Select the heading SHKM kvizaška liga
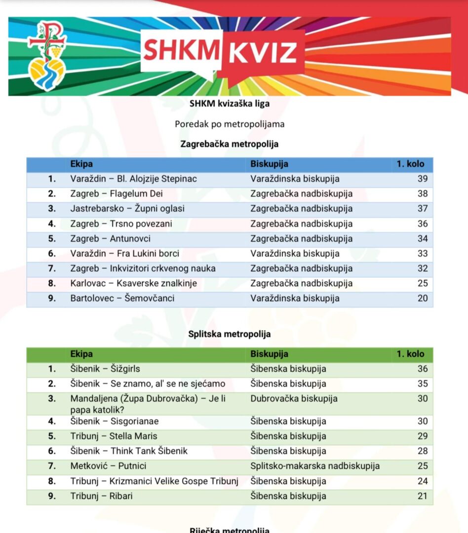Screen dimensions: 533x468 click(x=230, y=104)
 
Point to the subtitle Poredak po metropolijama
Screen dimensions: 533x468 click(x=230, y=124)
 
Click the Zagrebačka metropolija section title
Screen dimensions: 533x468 click(x=230, y=144)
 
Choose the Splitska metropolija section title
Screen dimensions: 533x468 click(x=230, y=334)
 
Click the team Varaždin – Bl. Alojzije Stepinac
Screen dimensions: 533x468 click(x=133, y=179)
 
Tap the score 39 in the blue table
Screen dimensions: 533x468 click(x=422, y=179)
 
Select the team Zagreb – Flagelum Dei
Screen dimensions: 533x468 click(x=117, y=193)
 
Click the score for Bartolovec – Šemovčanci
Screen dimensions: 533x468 click(x=422, y=298)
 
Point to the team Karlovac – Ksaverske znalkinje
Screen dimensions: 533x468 click(x=133, y=283)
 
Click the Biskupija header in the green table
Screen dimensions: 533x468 click(x=269, y=354)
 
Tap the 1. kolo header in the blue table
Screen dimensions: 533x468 click(x=410, y=164)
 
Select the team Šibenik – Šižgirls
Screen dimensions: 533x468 click(x=108, y=369)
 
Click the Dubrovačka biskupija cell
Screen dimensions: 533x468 click(x=294, y=398)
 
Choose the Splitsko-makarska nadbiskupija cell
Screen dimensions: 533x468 click(x=315, y=466)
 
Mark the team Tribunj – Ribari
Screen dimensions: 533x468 click(x=101, y=496)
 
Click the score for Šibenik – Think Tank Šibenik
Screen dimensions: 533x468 click(x=422, y=451)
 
